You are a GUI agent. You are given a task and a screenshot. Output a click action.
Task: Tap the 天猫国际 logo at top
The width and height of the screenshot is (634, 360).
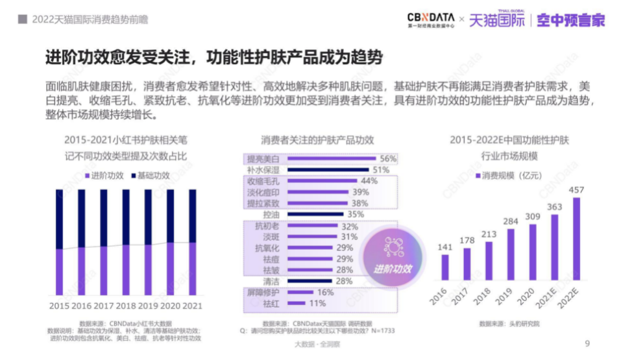(x=497, y=19)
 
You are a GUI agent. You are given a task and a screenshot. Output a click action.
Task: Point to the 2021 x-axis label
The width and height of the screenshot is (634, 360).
(x=193, y=305)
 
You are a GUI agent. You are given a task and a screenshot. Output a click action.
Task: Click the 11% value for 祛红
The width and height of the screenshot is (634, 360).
(x=317, y=303)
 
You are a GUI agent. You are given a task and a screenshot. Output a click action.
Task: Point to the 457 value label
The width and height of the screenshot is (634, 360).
(x=576, y=190)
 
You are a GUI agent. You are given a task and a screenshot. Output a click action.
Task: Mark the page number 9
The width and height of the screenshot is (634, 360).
(x=587, y=344)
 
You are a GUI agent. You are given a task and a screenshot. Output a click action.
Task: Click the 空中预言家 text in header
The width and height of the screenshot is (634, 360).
(x=571, y=20)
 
